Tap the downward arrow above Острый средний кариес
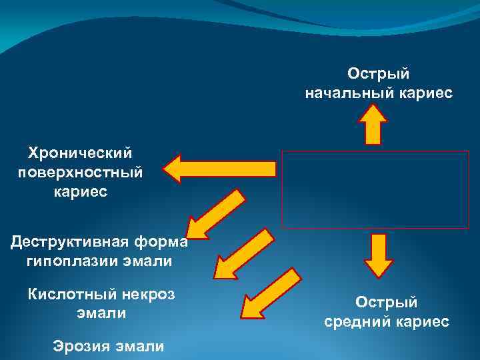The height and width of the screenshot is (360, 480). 377,254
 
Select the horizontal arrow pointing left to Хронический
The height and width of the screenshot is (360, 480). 219,168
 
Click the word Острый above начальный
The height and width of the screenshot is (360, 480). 377,73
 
